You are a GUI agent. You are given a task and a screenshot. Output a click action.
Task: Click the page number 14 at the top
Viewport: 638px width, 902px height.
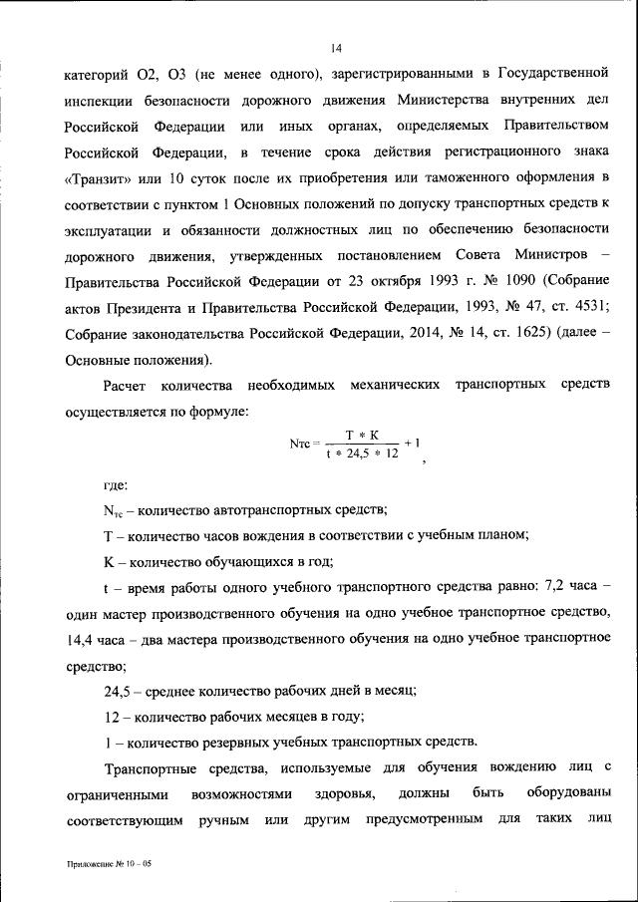[337, 46]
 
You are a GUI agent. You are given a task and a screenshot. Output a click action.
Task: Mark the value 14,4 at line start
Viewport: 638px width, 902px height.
[84, 638]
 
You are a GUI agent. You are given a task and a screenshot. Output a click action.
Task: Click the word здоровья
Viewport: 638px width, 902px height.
[348, 794]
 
